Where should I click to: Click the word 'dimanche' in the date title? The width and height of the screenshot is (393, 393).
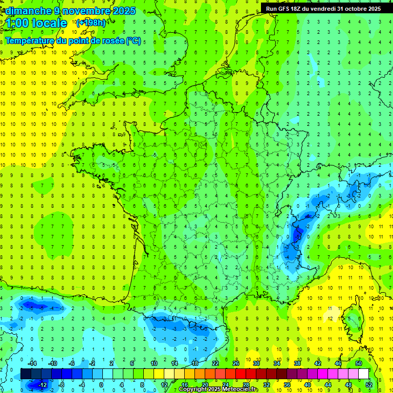(x=27, y=10)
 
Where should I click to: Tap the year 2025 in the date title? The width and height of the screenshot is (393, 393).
(x=122, y=10)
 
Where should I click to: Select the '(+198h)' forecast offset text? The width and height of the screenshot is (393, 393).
(x=91, y=23)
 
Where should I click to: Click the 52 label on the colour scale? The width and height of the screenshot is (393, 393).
(x=369, y=385)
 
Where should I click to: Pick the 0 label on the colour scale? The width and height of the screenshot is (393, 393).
(x=101, y=385)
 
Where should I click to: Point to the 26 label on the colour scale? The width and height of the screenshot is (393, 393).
(x=235, y=363)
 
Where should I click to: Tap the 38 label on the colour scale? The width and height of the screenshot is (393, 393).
(x=297, y=363)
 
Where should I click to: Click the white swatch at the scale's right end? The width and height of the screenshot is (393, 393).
(x=363, y=374)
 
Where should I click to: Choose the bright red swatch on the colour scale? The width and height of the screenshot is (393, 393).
(x=241, y=374)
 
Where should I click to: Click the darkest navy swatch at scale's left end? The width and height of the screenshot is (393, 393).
(x=26, y=374)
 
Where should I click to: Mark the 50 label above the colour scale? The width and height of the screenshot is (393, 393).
(x=358, y=363)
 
